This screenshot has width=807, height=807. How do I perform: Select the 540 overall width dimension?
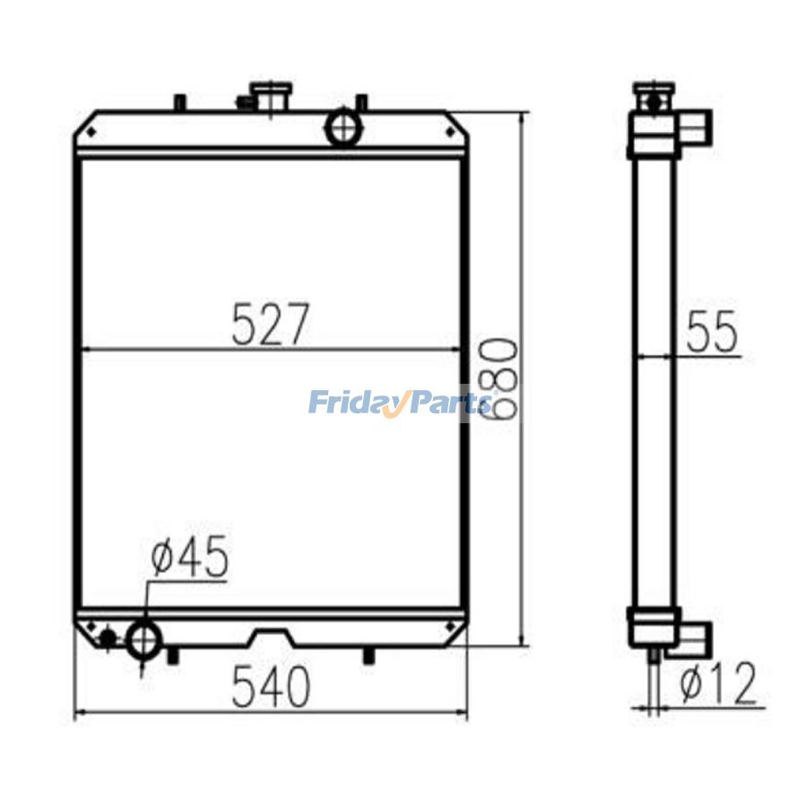tap(270, 688)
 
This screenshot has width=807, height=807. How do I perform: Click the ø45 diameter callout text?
tap(189, 558)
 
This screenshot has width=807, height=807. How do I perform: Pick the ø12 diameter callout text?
tap(717, 685)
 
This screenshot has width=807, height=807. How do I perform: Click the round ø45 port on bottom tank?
tap(143, 639)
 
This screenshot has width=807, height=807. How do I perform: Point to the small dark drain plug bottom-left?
tap(108, 638)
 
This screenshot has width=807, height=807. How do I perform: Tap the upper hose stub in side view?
tap(697, 126)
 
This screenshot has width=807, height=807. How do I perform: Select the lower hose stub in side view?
tap(697, 638)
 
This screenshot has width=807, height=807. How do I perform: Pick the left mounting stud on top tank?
tap(179, 102)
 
